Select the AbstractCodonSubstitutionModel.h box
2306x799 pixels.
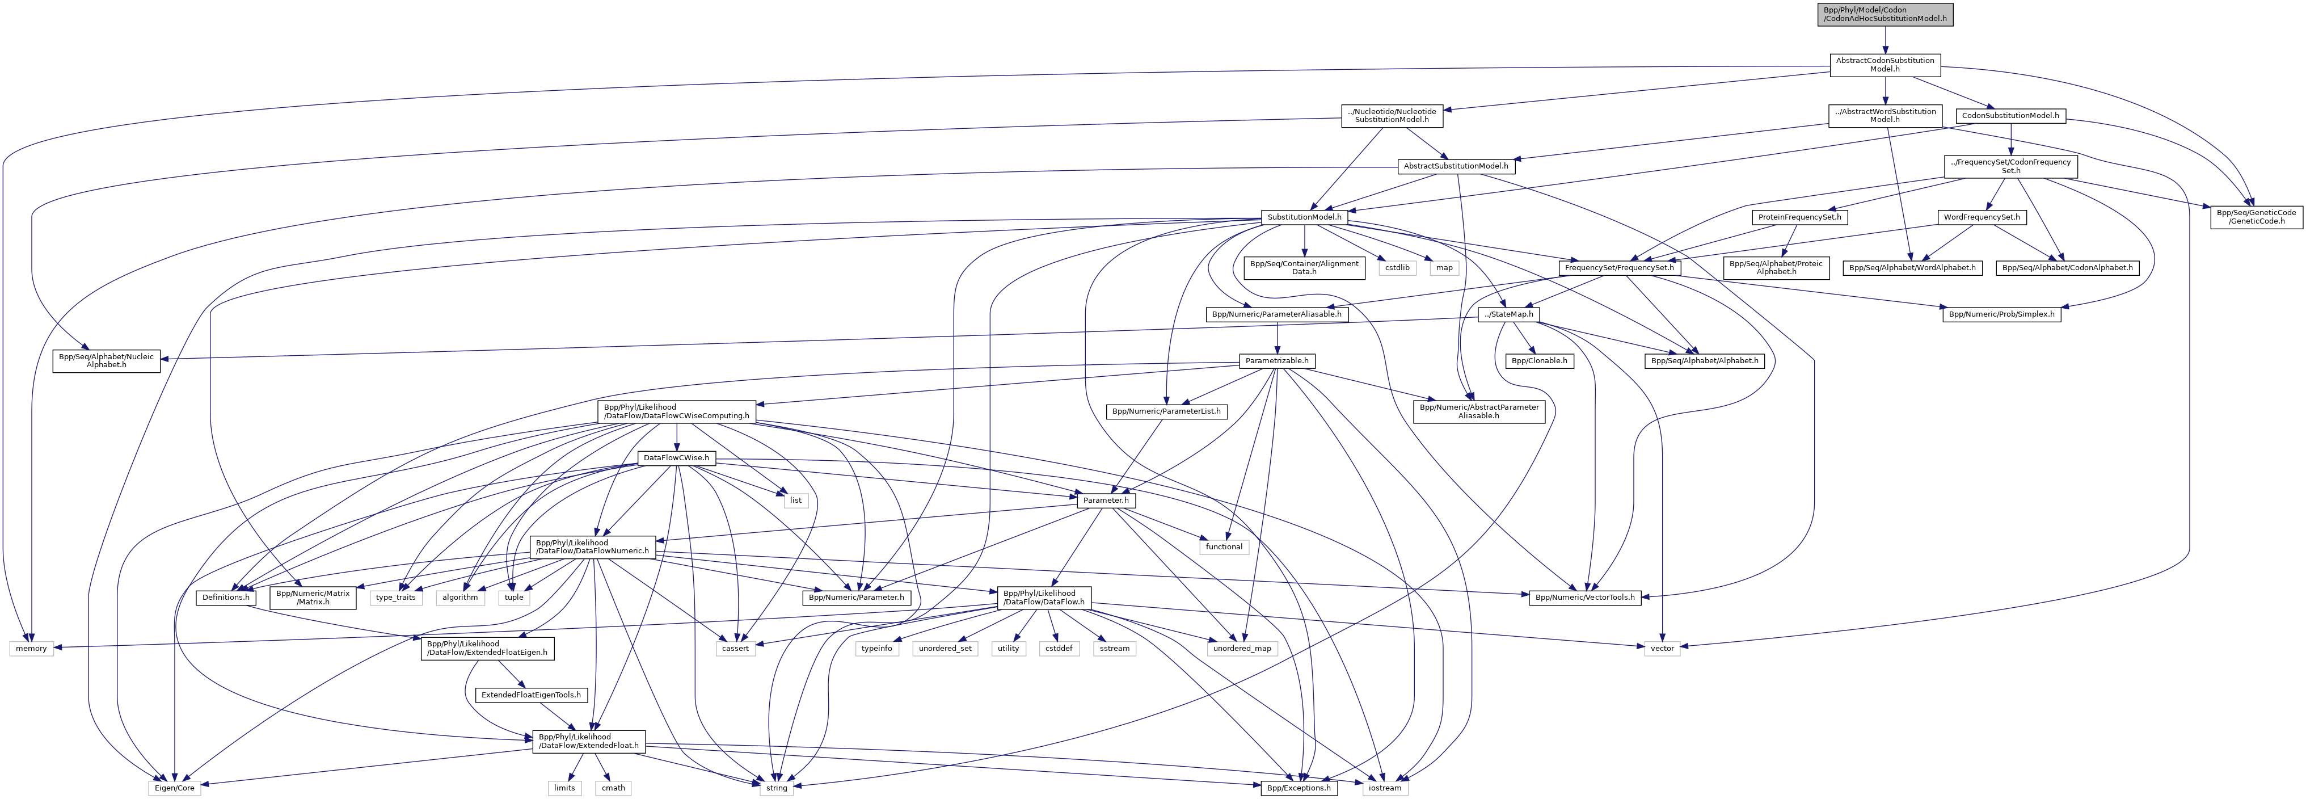1885,65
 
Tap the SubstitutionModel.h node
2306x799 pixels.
1304,217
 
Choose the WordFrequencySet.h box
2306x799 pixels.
1981,217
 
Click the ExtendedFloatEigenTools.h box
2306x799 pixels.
532,694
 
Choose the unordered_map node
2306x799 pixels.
1242,647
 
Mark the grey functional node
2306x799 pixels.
1224,546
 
